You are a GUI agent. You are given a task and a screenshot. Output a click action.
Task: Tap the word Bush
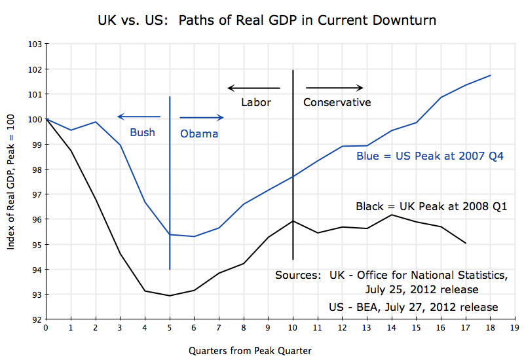coord(142,132)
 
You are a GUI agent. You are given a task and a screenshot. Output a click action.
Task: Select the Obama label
coord(199,134)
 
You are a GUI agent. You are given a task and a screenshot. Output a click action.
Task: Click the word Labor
coord(256,102)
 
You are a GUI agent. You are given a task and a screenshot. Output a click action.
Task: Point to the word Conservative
coord(337,102)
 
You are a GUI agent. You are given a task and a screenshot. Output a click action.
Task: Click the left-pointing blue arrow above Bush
coord(138,117)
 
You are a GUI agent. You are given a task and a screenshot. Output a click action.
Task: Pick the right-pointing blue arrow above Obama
coord(202,118)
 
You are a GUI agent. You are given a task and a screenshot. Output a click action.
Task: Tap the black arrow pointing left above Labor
coord(253,88)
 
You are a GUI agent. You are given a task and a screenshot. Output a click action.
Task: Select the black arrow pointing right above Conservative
coord(334,88)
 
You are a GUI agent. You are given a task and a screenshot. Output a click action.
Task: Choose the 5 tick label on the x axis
coord(170,329)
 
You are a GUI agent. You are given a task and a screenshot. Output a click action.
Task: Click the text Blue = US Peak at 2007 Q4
coord(430,157)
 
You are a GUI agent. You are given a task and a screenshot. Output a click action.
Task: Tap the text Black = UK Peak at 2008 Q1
coord(432,206)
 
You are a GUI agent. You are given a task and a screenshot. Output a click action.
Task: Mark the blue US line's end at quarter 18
coord(491,75)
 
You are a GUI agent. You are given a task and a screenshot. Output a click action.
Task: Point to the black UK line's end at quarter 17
coord(466,243)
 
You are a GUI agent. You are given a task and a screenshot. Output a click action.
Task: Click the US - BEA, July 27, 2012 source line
coord(414,307)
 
